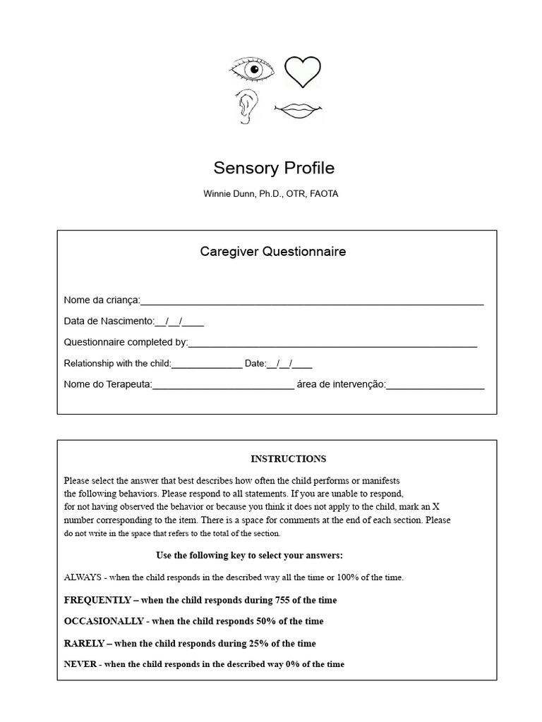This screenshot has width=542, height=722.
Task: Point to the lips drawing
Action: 299,109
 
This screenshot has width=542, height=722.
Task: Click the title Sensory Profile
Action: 274,169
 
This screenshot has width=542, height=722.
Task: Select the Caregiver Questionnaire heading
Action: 273,252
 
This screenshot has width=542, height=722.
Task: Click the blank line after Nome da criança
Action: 312,301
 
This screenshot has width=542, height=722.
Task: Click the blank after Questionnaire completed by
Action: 332,343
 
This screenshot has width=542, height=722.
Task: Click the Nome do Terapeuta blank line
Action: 223,385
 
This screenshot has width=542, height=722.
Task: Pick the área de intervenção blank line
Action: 435,385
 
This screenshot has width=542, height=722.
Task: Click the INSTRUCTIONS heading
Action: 288,459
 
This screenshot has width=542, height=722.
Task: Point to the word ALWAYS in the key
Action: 83,577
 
